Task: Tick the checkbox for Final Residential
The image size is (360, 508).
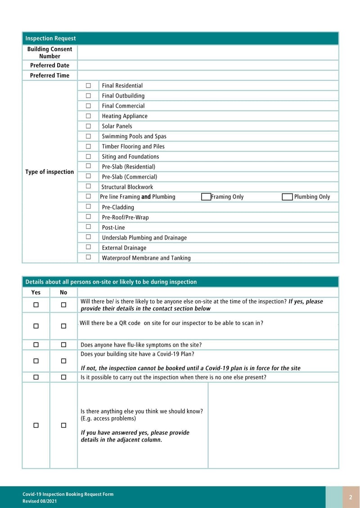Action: click(88, 85)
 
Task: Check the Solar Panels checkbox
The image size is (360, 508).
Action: click(88, 126)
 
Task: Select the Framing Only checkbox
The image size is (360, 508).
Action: click(206, 197)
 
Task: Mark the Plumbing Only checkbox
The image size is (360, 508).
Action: click(287, 197)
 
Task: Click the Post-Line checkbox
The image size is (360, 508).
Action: click(88, 227)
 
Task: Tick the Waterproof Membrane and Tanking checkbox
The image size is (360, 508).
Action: click(88, 257)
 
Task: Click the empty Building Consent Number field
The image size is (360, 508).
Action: click(207, 53)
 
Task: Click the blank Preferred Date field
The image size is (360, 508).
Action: click(207, 65)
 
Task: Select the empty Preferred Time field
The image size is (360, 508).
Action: click(207, 76)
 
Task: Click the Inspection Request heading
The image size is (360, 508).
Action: click(50, 39)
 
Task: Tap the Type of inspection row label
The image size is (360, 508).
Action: click(49, 172)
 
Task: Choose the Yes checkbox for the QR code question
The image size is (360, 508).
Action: click(36, 326)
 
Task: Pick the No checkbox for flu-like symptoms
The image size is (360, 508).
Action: click(63, 345)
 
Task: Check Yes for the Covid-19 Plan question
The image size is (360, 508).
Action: click(36, 361)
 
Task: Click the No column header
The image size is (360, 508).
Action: click(63, 292)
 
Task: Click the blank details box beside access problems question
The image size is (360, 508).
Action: click(273, 425)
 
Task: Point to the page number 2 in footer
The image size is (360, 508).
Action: click(351, 497)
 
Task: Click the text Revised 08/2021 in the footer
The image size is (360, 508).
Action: click(40, 501)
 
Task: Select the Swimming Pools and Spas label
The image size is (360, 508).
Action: click(134, 136)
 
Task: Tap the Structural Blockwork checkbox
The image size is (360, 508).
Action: click(88, 186)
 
